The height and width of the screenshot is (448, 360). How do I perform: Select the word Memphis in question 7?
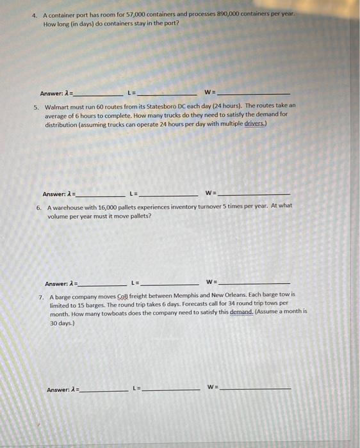[177, 295]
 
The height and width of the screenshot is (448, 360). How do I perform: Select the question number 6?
[38, 207]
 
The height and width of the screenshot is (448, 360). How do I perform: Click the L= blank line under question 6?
[169, 284]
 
